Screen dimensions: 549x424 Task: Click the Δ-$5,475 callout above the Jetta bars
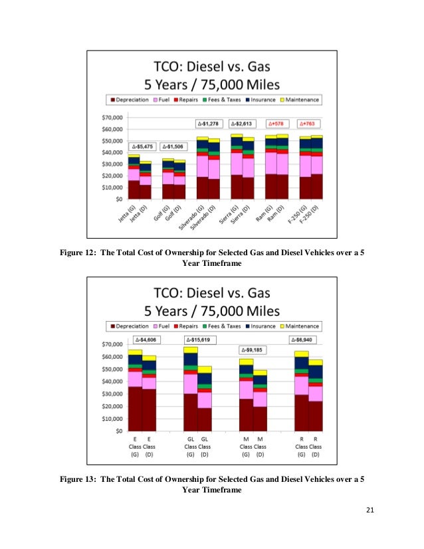[x=143, y=146]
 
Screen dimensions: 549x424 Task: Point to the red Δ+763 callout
[x=311, y=124]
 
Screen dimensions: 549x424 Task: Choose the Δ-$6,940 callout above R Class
[x=303, y=340]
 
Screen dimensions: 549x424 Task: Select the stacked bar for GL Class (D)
[x=205, y=398]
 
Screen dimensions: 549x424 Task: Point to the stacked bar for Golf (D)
[x=179, y=179]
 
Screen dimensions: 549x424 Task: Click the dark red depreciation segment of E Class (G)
[x=135, y=409]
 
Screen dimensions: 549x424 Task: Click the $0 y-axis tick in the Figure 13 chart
[x=120, y=431]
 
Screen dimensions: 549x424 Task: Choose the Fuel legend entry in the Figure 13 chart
[x=163, y=326]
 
